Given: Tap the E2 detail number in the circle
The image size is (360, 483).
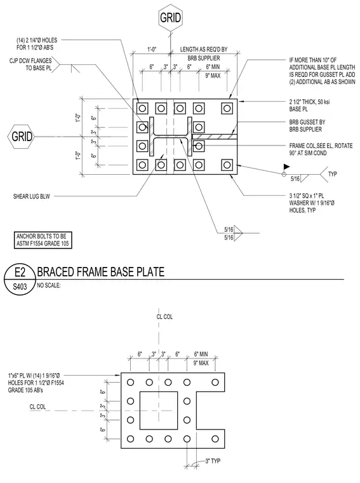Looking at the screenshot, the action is click(20, 272).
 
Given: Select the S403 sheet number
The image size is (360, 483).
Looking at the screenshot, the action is click(20, 287).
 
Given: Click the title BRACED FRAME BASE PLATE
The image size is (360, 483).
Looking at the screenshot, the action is click(100, 272).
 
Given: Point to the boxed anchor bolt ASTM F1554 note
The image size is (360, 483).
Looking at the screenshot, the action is click(43, 240).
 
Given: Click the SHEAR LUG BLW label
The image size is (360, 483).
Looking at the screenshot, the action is click(31, 196).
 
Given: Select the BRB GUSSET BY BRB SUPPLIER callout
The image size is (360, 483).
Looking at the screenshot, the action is click(307, 126).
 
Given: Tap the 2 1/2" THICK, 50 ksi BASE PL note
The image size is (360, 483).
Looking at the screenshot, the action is click(310, 105).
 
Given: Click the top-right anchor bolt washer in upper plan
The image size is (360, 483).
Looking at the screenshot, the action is click(227, 109).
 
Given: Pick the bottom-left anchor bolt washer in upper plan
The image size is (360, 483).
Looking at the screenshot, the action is click(142, 165).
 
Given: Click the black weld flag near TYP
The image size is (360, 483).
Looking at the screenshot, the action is click(286, 167).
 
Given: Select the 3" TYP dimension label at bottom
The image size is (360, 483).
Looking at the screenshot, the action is click(213, 461).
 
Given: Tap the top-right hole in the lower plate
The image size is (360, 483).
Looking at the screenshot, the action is click(215, 383).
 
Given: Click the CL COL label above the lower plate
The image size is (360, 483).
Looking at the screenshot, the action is click(164, 316).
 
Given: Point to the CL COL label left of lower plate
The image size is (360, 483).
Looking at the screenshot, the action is click(37, 407).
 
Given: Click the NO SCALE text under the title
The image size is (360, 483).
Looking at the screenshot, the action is click(49, 285).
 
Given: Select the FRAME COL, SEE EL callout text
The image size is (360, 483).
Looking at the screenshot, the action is click(321, 149).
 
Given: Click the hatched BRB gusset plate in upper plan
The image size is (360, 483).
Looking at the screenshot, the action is click(215, 137).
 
